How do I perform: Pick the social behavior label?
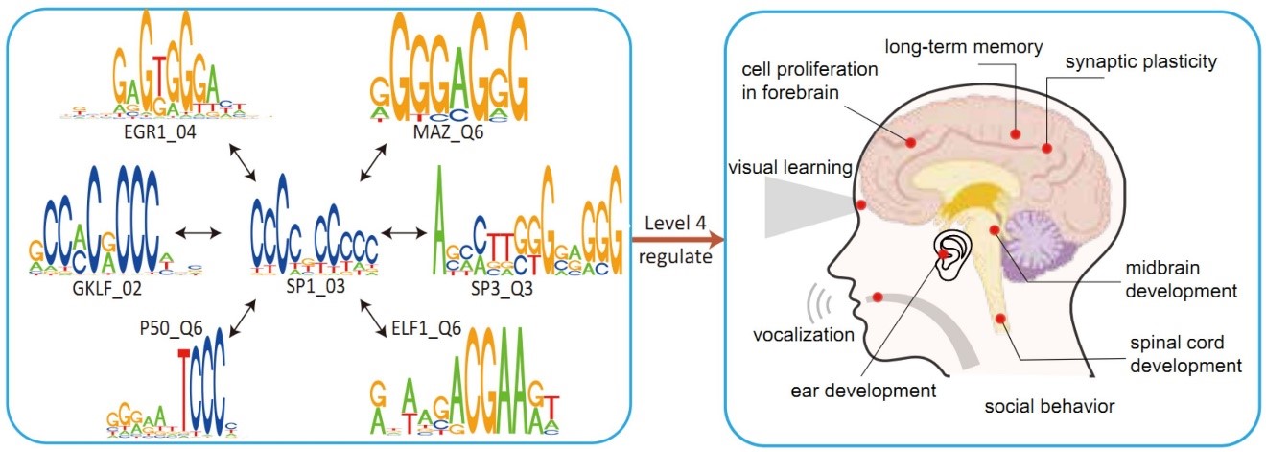pyautogui.click(x=1050, y=407)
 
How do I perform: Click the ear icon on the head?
pyautogui.click(x=950, y=254)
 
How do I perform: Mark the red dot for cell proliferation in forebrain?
pyautogui.click(x=910, y=142)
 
